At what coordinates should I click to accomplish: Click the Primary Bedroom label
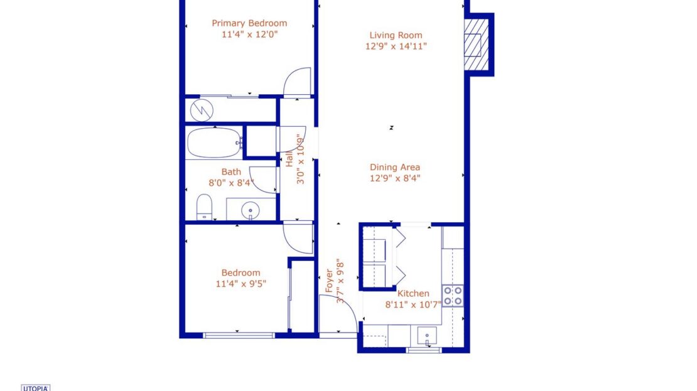coord(249,23)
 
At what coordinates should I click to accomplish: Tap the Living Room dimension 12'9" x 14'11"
coord(396,46)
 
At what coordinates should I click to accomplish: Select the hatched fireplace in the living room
coord(476,45)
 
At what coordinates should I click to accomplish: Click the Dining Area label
coord(394,167)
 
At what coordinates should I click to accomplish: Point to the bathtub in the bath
coord(214,143)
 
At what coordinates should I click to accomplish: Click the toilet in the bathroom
coord(204,208)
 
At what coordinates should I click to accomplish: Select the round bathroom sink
coord(251,209)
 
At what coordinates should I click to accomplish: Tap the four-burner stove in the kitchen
coord(452,296)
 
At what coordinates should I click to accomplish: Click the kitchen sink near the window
coord(427,336)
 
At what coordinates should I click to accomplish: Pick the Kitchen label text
coord(414,293)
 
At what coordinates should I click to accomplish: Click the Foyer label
coord(328,281)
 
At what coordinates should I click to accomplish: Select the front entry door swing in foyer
coord(336,314)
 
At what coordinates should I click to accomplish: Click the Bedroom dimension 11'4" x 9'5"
coord(240,284)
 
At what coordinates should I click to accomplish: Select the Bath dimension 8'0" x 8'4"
coord(231,183)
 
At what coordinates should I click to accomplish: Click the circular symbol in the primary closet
coord(201,110)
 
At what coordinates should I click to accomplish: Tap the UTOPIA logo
coord(36,387)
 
